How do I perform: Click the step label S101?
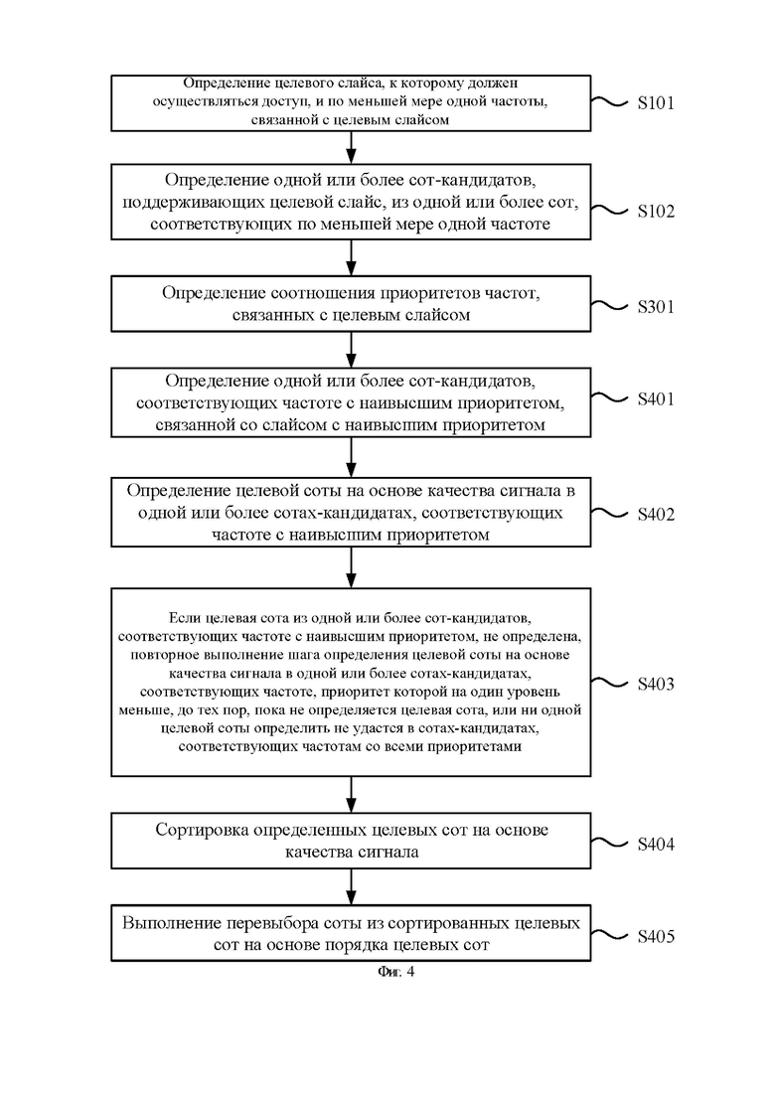[x=656, y=103]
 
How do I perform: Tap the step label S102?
[x=656, y=212]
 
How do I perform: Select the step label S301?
[x=656, y=307]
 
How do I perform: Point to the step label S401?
[x=656, y=399]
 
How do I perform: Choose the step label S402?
[x=656, y=515]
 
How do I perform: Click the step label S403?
[x=656, y=684]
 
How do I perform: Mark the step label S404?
[x=656, y=845]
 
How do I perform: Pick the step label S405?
[x=656, y=937]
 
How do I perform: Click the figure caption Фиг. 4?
[x=396, y=972]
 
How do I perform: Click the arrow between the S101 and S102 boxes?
[x=352, y=147]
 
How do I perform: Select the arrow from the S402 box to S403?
[x=352, y=567]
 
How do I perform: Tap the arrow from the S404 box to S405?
[x=352, y=887]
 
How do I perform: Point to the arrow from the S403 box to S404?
[x=352, y=795]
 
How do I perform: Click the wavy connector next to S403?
[x=609, y=683]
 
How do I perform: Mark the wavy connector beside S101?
[x=609, y=102]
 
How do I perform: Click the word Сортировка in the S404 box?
[x=202, y=831]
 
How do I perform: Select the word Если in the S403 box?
[x=182, y=619]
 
